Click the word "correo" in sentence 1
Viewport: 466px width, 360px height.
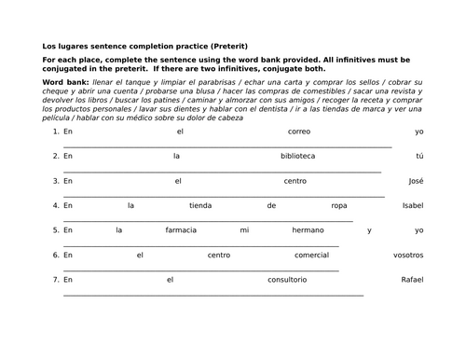299,132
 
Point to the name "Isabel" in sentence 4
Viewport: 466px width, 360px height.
412,205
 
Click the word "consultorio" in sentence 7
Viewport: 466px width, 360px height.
287,279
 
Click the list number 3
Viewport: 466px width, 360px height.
56,180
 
